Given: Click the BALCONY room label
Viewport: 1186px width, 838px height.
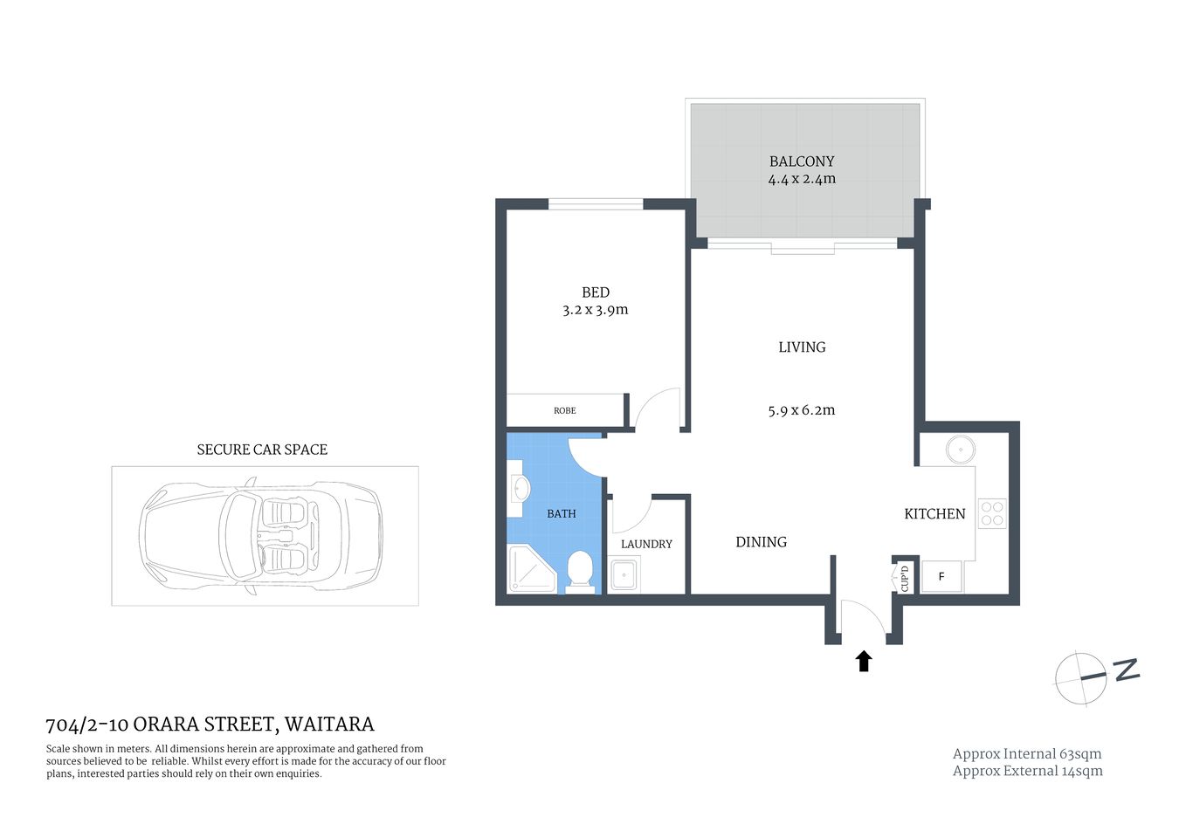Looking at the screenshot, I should pos(801,161).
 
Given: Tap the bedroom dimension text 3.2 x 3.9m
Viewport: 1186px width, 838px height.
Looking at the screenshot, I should pos(595,310).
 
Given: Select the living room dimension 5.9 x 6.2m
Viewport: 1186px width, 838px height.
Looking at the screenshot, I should pos(801,410).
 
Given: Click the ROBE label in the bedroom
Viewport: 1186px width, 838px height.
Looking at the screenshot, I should pos(564,410).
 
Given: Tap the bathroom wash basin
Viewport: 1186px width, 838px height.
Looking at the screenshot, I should pos(519,488).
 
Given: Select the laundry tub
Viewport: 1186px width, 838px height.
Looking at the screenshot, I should pos(624,575).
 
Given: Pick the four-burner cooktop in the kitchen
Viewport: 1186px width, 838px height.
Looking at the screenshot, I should pos(992,513).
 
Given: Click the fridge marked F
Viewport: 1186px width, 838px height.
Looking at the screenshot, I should pos(941,577).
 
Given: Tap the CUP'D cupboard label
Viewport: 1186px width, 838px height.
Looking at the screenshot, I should pos(905,577).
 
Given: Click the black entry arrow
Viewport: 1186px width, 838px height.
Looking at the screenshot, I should pos(864,661).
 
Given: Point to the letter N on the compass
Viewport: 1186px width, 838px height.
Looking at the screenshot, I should pos(1127,670).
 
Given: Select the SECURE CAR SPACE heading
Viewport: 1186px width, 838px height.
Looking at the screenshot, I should pos(262,450).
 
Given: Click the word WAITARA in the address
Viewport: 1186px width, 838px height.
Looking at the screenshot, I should pos(329,725).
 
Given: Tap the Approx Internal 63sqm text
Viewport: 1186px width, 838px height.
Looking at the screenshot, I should pos(1026,754).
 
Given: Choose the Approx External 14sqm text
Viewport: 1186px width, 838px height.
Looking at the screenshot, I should pos(1027,771).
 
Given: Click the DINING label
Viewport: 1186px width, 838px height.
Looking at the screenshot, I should pos(761,542).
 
